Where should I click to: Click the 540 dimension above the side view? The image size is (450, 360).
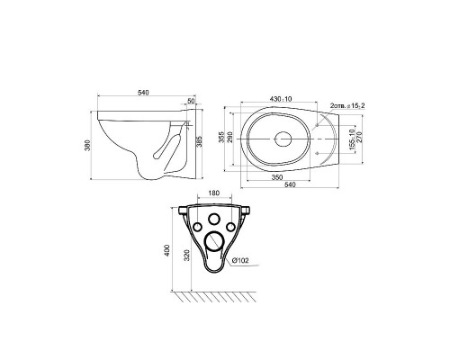[x=143, y=93]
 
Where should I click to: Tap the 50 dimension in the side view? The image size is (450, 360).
[x=191, y=101]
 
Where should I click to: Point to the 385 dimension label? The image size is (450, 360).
[x=199, y=141]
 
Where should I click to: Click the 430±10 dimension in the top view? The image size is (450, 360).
[x=281, y=98]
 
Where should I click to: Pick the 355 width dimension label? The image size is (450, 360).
[x=221, y=137]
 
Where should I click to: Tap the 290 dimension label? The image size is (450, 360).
[x=230, y=137]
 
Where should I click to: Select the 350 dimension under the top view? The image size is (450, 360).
[x=277, y=177]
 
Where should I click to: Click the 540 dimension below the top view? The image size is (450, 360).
[x=290, y=184]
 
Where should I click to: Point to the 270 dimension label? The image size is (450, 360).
[x=360, y=138]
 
